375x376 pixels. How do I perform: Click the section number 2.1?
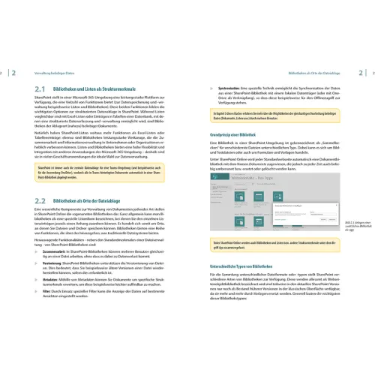tap(41, 89)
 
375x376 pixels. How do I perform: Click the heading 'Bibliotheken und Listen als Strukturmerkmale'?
tap(104, 89)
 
